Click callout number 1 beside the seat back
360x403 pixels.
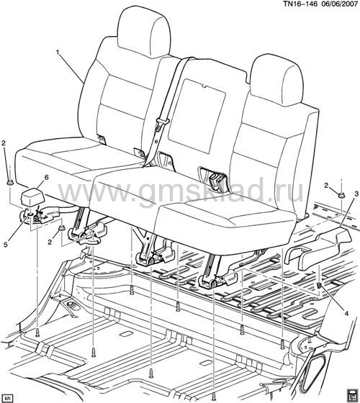[58, 53]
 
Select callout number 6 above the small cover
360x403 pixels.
[46, 177]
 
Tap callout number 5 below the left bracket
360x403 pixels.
[6, 245]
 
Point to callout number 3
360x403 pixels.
[356, 194]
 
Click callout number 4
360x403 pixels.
[346, 314]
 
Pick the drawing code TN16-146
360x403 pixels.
[299, 4]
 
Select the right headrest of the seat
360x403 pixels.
[277, 80]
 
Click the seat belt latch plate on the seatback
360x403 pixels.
[161, 123]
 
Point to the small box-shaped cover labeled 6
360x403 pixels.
[32, 198]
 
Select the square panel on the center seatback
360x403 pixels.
[197, 116]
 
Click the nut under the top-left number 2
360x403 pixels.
[10, 183]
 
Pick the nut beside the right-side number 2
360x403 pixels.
[341, 195]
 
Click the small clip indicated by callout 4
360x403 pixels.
[319, 285]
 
